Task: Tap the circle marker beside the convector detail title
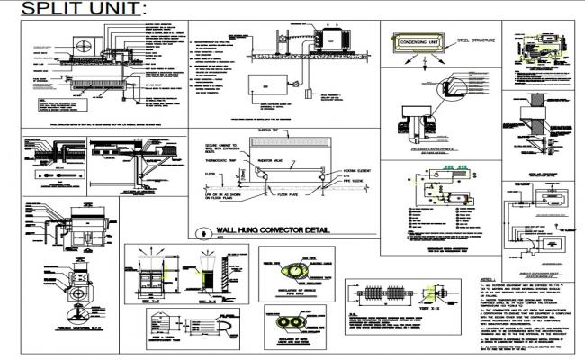(200, 231)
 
